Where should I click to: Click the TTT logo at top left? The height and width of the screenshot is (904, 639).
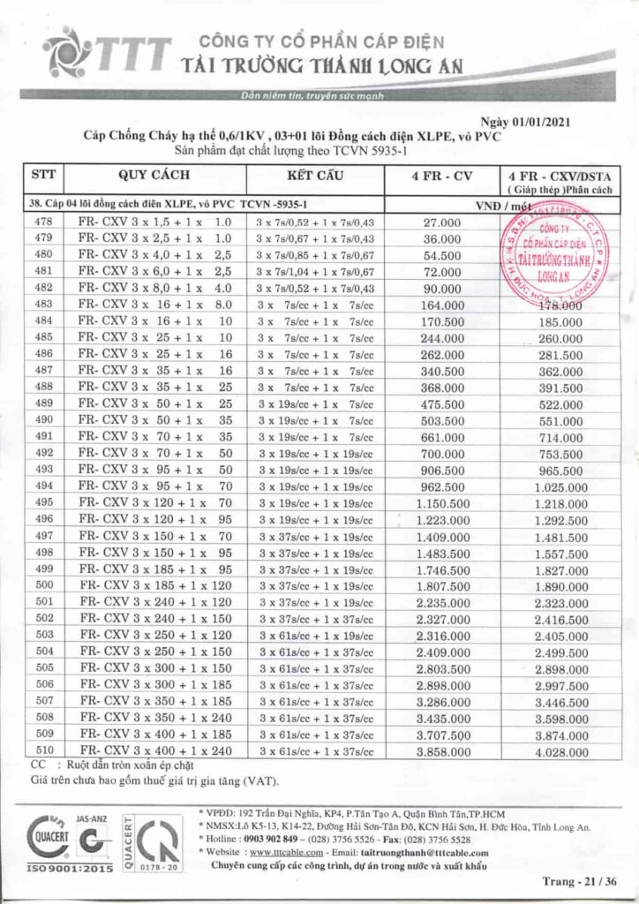click(x=106, y=53)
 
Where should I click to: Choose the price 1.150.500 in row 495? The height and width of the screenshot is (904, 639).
click(x=443, y=502)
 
